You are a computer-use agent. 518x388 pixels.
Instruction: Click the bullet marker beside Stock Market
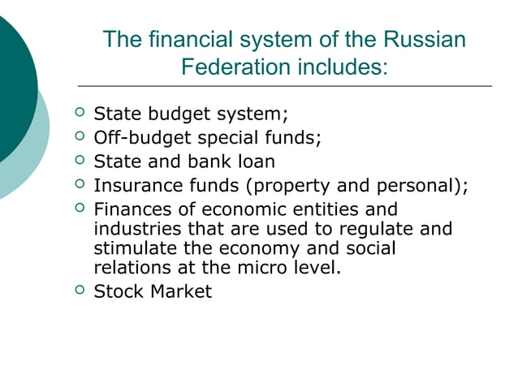click(x=79, y=291)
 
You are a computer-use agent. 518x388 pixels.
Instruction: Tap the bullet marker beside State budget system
click(x=79, y=112)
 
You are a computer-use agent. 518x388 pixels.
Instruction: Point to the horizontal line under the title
click(x=284, y=86)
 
